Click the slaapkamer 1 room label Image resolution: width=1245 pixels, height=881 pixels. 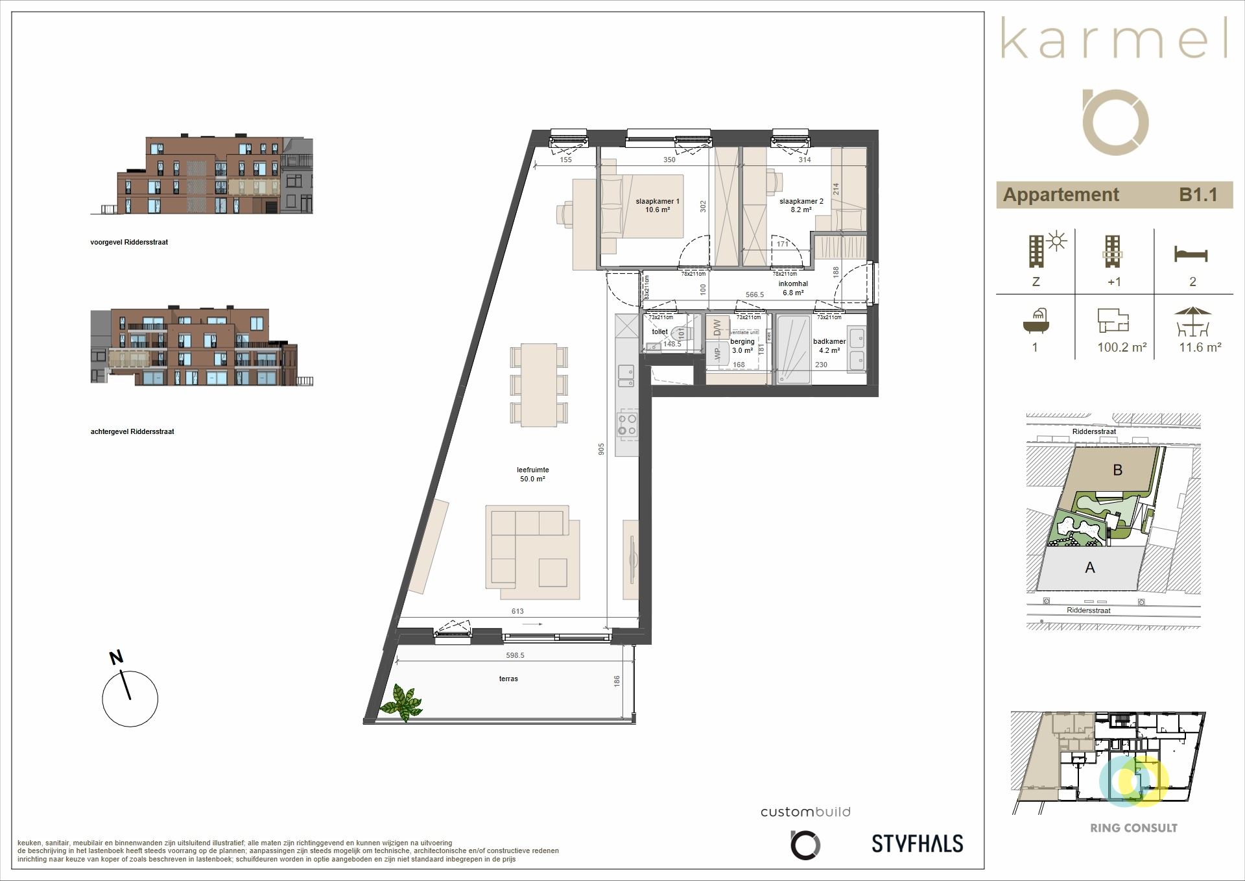pyautogui.click(x=657, y=206)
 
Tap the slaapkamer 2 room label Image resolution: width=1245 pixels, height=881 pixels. pyautogui.click(x=801, y=206)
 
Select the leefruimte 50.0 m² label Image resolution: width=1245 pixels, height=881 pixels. pyautogui.click(x=532, y=474)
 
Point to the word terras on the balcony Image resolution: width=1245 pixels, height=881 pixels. pyautogui.click(x=508, y=679)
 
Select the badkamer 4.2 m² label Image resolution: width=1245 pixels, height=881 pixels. pyautogui.click(x=829, y=346)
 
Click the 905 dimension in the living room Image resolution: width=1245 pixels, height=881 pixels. pyautogui.click(x=601, y=449)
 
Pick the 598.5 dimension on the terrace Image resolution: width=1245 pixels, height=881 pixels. pyautogui.click(x=515, y=655)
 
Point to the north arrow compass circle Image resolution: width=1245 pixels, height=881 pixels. pyautogui.click(x=130, y=698)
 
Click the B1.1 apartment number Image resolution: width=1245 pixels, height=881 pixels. pyautogui.click(x=1198, y=195)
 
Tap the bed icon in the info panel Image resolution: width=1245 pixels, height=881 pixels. pyautogui.click(x=1191, y=254)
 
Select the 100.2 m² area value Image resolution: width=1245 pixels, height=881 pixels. pyautogui.click(x=1122, y=348)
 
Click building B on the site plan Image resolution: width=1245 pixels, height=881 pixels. pyautogui.click(x=1117, y=470)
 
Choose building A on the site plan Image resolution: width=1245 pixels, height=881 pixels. pyautogui.click(x=1090, y=568)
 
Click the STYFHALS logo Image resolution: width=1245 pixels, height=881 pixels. pyautogui.click(x=917, y=843)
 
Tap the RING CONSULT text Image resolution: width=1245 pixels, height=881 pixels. pyautogui.click(x=1133, y=828)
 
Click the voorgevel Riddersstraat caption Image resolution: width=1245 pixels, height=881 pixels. pyautogui.click(x=129, y=242)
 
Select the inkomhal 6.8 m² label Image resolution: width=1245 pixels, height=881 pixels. pyautogui.click(x=792, y=288)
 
